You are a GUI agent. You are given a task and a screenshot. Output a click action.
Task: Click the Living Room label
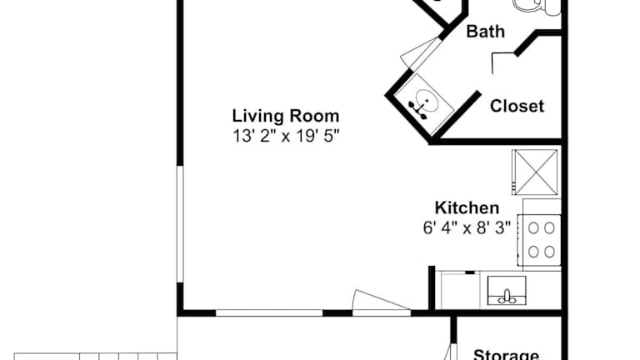(286, 116)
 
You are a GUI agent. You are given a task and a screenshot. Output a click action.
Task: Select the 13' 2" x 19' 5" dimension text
(286, 136)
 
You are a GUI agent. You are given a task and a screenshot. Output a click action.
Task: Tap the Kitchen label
(467, 207)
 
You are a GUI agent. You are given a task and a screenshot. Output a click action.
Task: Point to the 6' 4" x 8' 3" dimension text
(467, 227)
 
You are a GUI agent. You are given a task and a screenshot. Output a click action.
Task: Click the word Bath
(485, 32)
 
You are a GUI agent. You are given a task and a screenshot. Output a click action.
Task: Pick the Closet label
(517, 106)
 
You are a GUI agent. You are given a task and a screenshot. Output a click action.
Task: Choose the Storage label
(506, 354)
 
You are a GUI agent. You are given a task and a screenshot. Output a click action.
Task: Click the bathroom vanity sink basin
(427, 100)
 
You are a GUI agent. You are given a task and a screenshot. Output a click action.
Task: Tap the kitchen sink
(507, 291)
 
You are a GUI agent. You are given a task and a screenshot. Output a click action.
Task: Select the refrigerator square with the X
(535, 172)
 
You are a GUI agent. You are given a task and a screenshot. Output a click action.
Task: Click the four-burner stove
(540, 240)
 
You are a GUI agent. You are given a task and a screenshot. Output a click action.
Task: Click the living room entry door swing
(380, 301)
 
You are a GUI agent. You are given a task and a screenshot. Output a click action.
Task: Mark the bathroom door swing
(420, 53)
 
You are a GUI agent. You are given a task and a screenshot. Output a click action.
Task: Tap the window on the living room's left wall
(180, 223)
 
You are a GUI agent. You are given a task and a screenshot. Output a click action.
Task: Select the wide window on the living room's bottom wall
(269, 313)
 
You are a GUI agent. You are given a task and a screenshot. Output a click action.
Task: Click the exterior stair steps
(96, 357)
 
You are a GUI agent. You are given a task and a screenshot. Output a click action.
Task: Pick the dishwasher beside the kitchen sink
(460, 290)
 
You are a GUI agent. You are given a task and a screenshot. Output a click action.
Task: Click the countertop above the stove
(542, 207)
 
